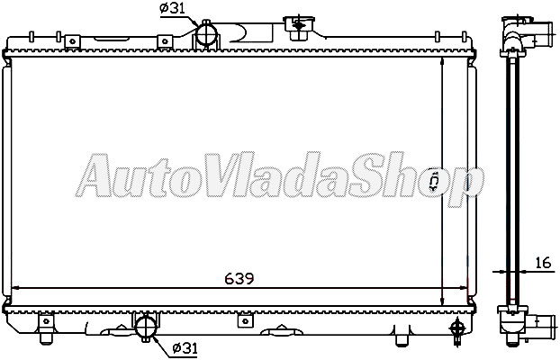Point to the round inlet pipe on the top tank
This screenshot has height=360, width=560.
coord(207,34)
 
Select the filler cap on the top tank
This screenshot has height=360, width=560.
coord(295,23)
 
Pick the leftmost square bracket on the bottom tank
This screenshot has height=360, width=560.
coord(43,320)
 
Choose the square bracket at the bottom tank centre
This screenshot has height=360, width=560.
coord(241,320)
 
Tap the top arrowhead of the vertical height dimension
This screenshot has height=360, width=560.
coord(442,60)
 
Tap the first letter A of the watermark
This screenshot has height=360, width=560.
coord(95,180)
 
